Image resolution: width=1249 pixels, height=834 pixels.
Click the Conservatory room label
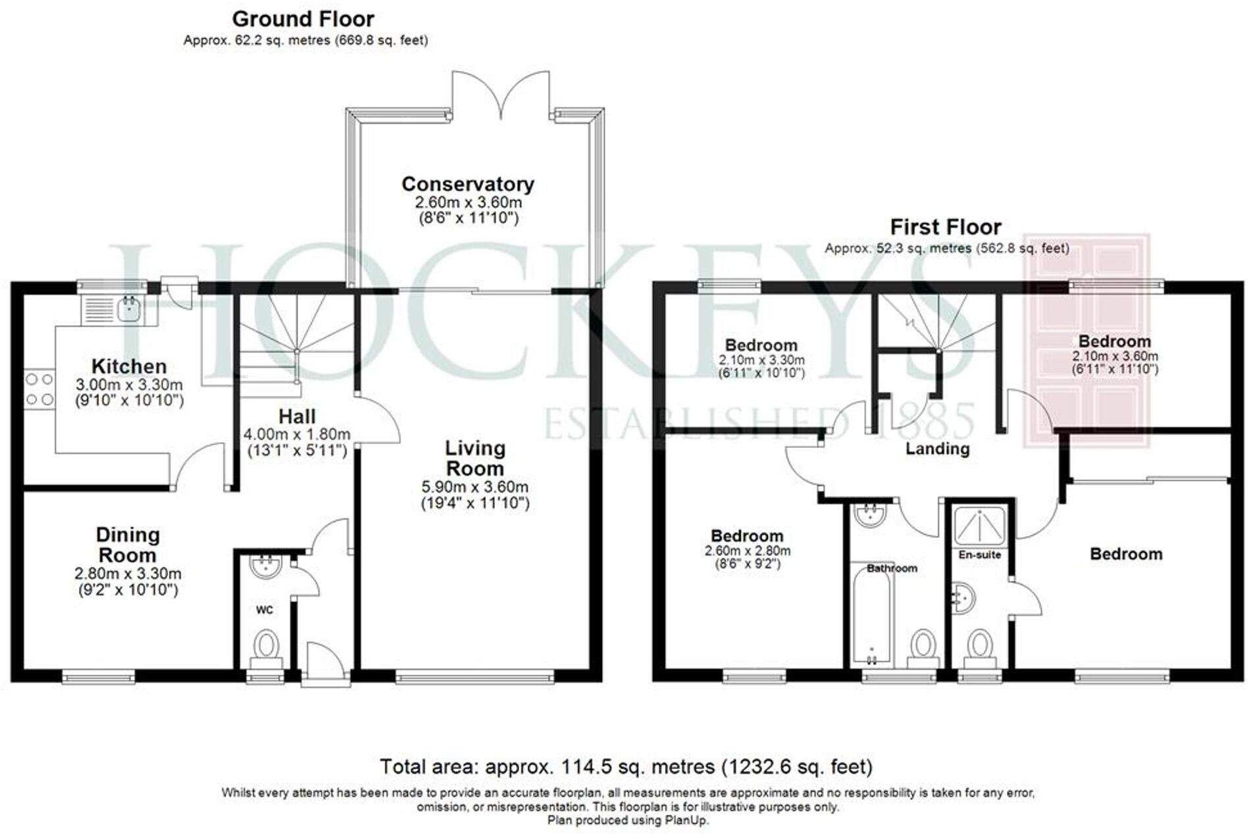(467, 184)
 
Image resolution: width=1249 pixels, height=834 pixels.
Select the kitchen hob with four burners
(39, 389)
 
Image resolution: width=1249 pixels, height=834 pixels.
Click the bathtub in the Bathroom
(871, 615)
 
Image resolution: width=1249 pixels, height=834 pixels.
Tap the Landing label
(937, 449)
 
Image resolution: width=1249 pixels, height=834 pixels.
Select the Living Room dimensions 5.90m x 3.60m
(474, 487)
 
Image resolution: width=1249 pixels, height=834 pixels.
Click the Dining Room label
(128, 545)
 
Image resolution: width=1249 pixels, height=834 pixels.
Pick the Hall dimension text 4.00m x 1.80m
(297, 435)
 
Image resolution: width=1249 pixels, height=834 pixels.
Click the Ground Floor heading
(303, 18)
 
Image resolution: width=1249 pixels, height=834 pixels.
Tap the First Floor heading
(945, 227)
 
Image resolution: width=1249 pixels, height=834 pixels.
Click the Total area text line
(626, 767)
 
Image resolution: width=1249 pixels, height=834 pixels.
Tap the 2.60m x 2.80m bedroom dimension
(748, 551)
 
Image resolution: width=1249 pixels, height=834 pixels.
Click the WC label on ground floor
(265, 610)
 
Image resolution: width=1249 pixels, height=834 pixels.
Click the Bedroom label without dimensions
(1125, 554)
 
